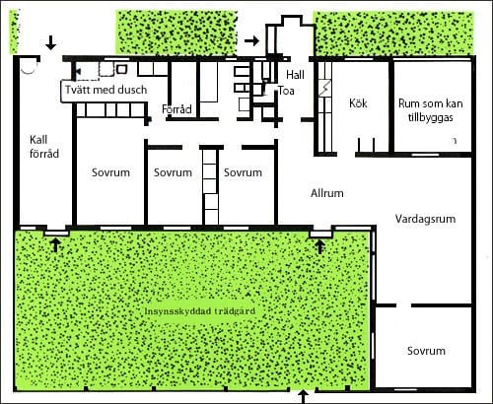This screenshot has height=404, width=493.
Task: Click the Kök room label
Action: pyautogui.click(x=358, y=103)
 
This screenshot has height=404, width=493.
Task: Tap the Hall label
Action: pyautogui.click(x=295, y=75)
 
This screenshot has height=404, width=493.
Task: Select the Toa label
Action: pyautogui.click(x=286, y=91)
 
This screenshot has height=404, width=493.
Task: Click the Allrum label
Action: pyautogui.click(x=327, y=193)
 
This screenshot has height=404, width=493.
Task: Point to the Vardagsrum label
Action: pyautogui.click(x=425, y=219)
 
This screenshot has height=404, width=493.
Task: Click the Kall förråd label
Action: pyautogui.click(x=44, y=147)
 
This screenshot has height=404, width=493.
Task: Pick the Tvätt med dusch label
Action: pyautogui.click(x=106, y=90)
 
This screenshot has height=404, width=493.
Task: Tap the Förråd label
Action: pyautogui.click(x=176, y=109)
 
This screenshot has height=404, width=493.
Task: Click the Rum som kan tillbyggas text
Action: pyautogui.click(x=431, y=110)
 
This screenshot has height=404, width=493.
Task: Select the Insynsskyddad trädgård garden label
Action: pyautogui.click(x=200, y=311)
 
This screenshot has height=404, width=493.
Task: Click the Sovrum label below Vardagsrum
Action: pyautogui.click(x=426, y=351)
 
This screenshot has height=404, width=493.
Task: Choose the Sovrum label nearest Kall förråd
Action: pyautogui.click(x=110, y=172)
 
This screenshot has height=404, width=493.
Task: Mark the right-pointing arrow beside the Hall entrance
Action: pyautogui.click(x=252, y=40)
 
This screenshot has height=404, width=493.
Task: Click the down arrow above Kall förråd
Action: pyautogui.click(x=50, y=42)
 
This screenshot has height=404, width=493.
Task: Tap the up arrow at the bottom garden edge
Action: pyautogui.click(x=304, y=397)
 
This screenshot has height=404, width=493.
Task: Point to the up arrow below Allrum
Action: pyautogui.click(x=319, y=246)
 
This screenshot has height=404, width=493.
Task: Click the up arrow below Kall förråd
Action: pyautogui.click(x=56, y=245)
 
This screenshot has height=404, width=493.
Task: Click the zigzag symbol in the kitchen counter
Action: pyautogui.click(x=325, y=88)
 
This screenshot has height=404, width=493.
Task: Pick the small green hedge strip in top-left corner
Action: pyautogui.click(x=14, y=32)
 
